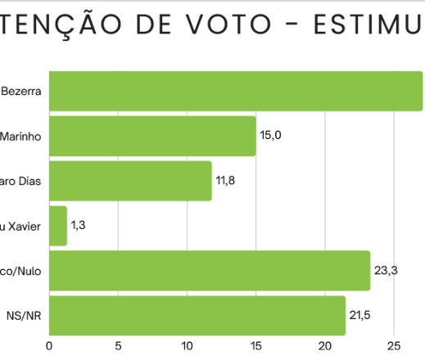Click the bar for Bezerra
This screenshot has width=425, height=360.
(236, 91)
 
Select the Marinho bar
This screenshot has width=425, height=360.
(152, 136)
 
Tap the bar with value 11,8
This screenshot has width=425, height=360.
(130, 181)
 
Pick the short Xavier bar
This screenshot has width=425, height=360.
(58, 226)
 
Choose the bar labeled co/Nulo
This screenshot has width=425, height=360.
(210, 271)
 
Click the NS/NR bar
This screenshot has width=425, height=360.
(197, 316)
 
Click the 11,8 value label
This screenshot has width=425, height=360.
(226, 180)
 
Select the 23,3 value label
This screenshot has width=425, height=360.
(386, 270)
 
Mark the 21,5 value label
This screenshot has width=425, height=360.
(361, 315)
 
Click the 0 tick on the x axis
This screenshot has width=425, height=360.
(50, 345)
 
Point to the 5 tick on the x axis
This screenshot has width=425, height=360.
(119, 345)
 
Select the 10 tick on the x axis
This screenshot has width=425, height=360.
(188, 345)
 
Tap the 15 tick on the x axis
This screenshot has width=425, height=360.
(256, 345)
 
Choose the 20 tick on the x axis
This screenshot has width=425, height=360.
(325, 345)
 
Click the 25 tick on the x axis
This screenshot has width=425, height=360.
(394, 345)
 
